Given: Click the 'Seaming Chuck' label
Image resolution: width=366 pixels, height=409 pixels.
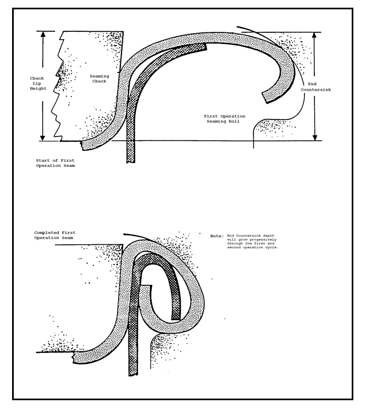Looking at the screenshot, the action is (x=99, y=79).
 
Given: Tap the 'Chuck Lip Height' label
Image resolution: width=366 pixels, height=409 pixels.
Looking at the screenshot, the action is (x=38, y=83).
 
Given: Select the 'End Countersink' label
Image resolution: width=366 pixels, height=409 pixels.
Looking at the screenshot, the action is (x=315, y=87).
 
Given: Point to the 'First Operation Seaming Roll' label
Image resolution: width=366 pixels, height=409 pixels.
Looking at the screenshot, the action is (x=224, y=119).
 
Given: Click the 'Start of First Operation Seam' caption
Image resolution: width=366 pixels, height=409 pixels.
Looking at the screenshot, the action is (x=56, y=163).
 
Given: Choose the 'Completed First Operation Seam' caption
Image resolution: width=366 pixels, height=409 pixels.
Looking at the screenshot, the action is (x=55, y=235).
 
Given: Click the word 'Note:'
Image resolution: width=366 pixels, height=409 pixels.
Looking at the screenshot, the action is (x=217, y=236).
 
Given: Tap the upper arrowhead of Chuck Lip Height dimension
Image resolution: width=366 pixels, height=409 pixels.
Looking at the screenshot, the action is (x=43, y=34).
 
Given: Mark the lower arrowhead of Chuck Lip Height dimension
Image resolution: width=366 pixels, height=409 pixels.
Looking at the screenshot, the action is (x=43, y=138).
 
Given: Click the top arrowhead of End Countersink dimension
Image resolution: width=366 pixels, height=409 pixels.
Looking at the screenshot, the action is (x=314, y=35).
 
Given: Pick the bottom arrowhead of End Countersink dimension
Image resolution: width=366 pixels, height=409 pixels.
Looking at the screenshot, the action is (x=315, y=137).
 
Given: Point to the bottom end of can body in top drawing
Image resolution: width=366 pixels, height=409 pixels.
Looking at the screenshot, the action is (x=131, y=162).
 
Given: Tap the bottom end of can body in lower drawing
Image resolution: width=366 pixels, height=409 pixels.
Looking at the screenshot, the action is (x=133, y=374).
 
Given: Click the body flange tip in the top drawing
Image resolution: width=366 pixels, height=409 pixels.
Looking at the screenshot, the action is (x=206, y=47).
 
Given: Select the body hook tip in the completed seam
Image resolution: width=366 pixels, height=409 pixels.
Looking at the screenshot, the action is (x=176, y=320).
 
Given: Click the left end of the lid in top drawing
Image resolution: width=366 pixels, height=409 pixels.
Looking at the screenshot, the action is (x=82, y=146).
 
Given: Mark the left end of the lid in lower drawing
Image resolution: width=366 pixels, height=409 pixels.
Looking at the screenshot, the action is (x=74, y=357).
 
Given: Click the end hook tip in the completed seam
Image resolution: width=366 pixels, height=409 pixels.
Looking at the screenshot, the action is (x=146, y=285).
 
